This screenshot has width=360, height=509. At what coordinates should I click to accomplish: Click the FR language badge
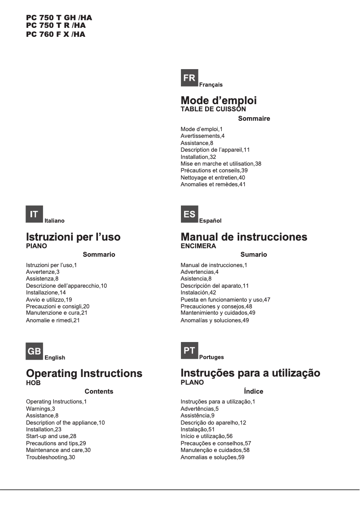(189, 78)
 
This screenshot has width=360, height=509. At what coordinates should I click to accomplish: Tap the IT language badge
(34, 215)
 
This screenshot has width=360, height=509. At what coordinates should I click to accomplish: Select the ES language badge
(189, 215)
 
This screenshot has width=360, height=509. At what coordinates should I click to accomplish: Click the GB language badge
(34, 351)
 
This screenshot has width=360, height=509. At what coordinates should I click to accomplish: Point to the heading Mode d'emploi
(219, 101)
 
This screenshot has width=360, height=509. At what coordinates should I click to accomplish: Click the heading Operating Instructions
(84, 373)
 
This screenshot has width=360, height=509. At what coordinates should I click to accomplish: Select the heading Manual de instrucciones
(244, 237)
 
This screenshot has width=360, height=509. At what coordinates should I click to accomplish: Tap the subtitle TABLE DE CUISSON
(213, 109)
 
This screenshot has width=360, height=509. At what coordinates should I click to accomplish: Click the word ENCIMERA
(198, 246)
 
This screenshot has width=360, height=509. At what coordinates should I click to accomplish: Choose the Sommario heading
(99, 254)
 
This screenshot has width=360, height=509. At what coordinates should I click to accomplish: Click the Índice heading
(254, 391)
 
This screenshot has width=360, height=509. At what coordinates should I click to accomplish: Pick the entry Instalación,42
(198, 292)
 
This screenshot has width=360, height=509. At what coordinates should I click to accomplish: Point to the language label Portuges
(211, 357)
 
